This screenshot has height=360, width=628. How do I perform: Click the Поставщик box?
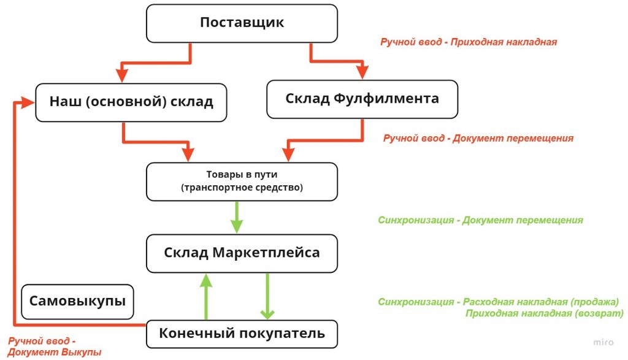click(x=242, y=23)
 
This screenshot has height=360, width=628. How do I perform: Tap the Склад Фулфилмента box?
click(x=362, y=98)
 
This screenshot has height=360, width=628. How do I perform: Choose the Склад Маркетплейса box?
click(x=242, y=253)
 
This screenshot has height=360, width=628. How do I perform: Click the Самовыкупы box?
click(x=77, y=301)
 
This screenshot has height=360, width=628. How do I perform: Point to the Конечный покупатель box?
click(x=242, y=334)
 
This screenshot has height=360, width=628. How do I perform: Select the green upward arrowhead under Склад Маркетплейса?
click(x=206, y=280)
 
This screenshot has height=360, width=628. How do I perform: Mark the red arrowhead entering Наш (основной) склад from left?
click(x=26, y=102)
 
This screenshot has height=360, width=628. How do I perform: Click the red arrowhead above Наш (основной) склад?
click(x=122, y=74)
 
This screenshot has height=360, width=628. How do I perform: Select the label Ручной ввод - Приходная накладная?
click(x=468, y=42)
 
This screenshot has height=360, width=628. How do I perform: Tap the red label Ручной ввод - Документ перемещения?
click(x=478, y=139)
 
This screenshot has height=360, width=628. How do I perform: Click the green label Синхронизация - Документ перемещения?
click(x=480, y=220)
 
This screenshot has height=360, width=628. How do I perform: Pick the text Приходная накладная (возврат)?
click(x=544, y=313)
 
